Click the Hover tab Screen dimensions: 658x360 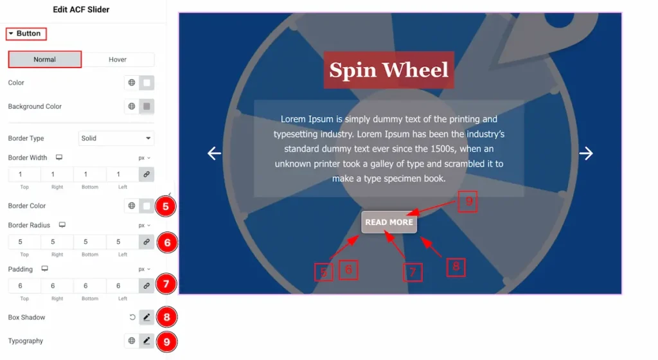(118, 60)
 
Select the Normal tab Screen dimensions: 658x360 (45, 60)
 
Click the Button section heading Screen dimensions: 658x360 (26, 33)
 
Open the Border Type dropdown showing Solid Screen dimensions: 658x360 (116, 138)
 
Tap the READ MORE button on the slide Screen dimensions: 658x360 (389, 222)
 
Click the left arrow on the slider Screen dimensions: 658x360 (214, 153)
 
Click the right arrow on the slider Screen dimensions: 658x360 (586, 153)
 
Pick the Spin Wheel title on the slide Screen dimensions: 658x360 (389, 69)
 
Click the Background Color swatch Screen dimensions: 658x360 (147, 107)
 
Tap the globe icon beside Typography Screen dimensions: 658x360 (132, 341)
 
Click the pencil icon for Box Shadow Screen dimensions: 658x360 (147, 317)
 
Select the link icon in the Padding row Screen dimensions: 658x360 (147, 285)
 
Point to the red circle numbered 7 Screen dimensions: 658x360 (166, 284)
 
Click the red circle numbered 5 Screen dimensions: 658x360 (166, 206)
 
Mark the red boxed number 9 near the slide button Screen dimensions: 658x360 (468, 202)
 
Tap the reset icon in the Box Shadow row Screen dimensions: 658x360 (132, 317)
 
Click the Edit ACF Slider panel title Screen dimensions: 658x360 (81, 10)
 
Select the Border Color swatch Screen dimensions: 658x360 (147, 206)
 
